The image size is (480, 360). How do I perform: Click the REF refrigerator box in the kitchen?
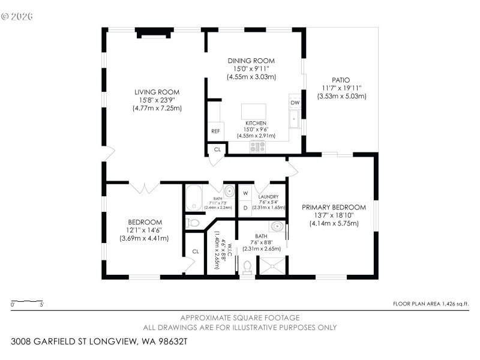point(215,131)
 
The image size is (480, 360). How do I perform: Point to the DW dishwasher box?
point(295,103)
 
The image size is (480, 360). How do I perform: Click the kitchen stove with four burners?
point(257,146)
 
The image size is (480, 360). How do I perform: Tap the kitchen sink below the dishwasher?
point(294,119)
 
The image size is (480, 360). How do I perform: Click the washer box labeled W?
point(245,193)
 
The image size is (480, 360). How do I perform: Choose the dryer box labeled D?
point(245,208)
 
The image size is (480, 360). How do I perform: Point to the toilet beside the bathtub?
point(193,223)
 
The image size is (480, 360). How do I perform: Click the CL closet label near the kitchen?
point(217,149)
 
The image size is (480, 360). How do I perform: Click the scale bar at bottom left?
point(27,301)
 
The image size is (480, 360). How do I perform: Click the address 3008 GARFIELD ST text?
point(99,341)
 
